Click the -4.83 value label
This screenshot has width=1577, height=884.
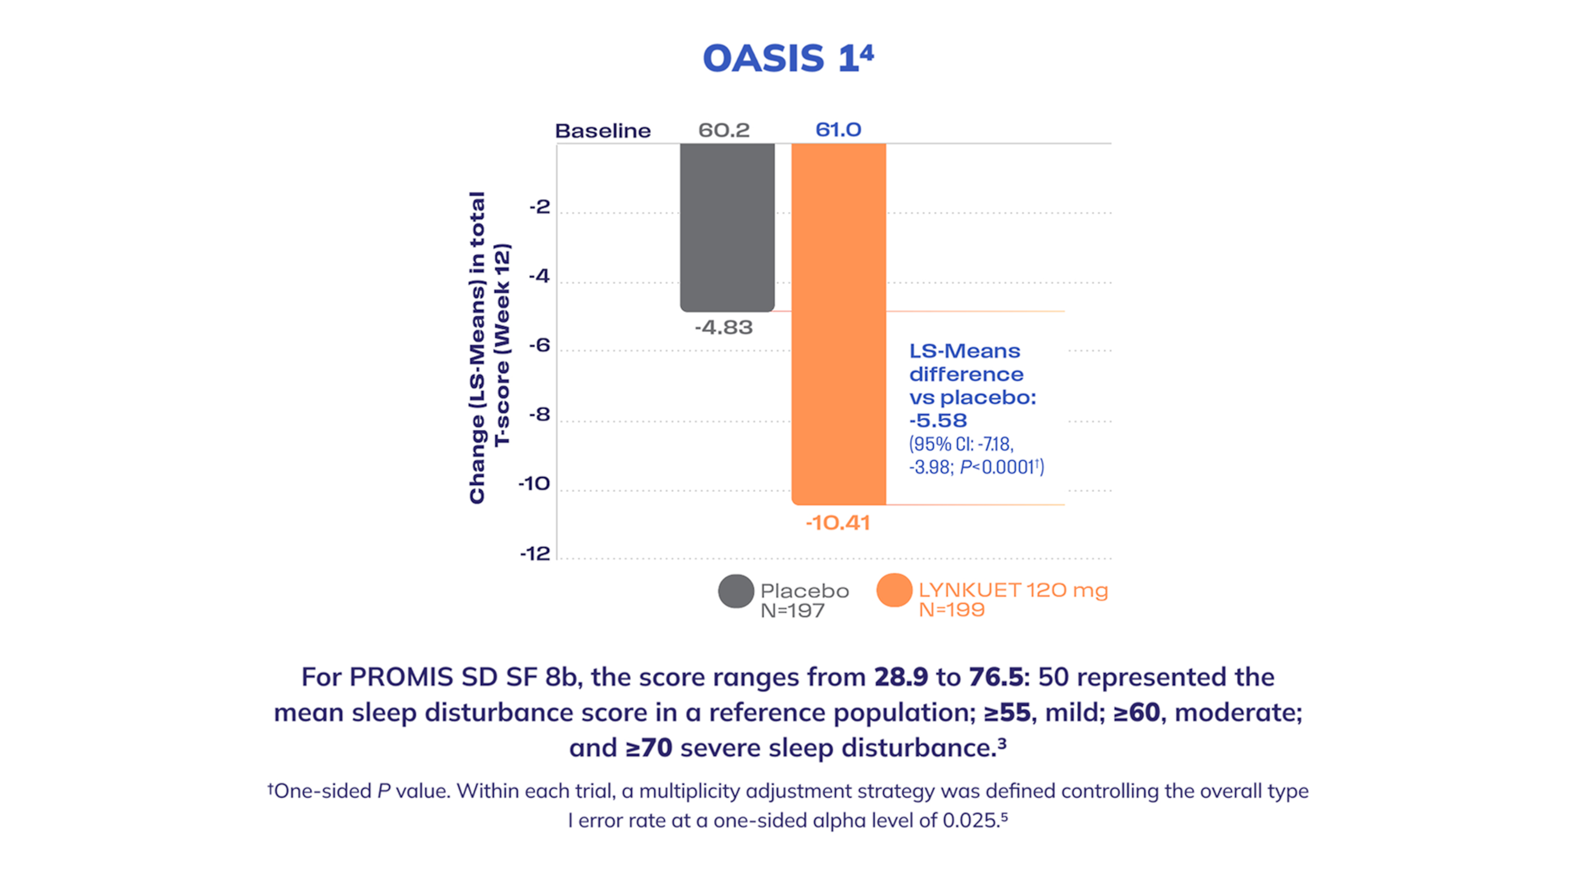724,327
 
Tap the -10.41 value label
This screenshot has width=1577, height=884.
837,523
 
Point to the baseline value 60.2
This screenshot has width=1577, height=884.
724,130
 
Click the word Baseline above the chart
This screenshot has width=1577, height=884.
602,130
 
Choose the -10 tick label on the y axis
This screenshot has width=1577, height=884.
534,484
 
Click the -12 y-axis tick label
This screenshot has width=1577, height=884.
535,554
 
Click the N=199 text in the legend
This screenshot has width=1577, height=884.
952,610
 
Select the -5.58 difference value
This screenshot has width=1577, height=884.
938,421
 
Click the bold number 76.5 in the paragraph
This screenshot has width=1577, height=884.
996,677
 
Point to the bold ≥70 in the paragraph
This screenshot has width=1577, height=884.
649,748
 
